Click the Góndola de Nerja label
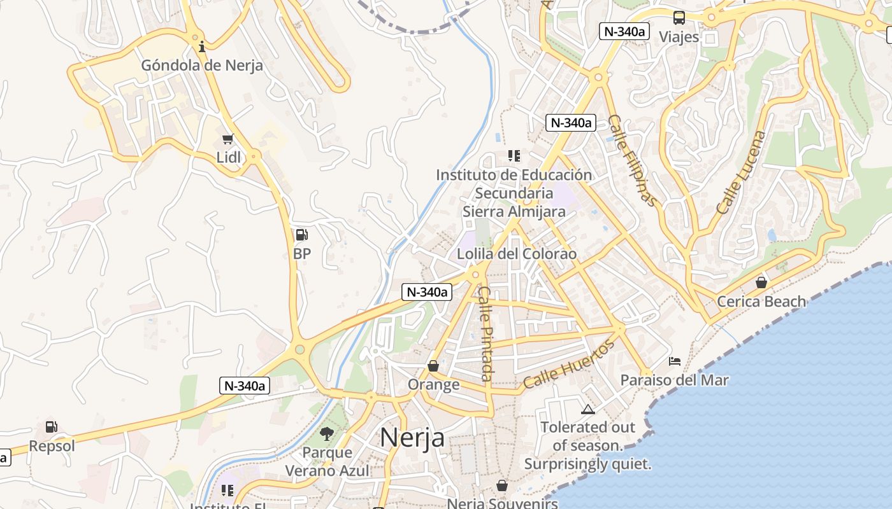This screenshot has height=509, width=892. point(202,65)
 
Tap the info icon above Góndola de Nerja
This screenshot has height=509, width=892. point(202,46)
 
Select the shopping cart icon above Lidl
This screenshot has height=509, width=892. point(228,139)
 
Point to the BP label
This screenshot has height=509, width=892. point(302,253)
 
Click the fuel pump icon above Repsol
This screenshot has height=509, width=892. point(52,427)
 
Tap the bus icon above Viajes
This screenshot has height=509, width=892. point(679,18)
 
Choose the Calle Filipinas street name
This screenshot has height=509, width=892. point(632,160)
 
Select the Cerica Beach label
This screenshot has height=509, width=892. point(761,301)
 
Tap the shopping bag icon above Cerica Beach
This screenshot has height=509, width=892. point(761,282)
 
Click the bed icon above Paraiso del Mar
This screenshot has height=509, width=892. point(675,361)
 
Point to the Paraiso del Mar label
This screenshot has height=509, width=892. point(675,380)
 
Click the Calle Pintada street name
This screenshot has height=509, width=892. point(486,334)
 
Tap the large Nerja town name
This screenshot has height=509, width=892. point(412,438)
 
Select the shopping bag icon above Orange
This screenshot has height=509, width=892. point(433,366)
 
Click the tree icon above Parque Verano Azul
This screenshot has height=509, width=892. point(327,434)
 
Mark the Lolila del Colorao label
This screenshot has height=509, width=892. point(517,254)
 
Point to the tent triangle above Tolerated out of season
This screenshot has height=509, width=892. point(587,408)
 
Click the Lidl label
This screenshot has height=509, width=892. point(229,157)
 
